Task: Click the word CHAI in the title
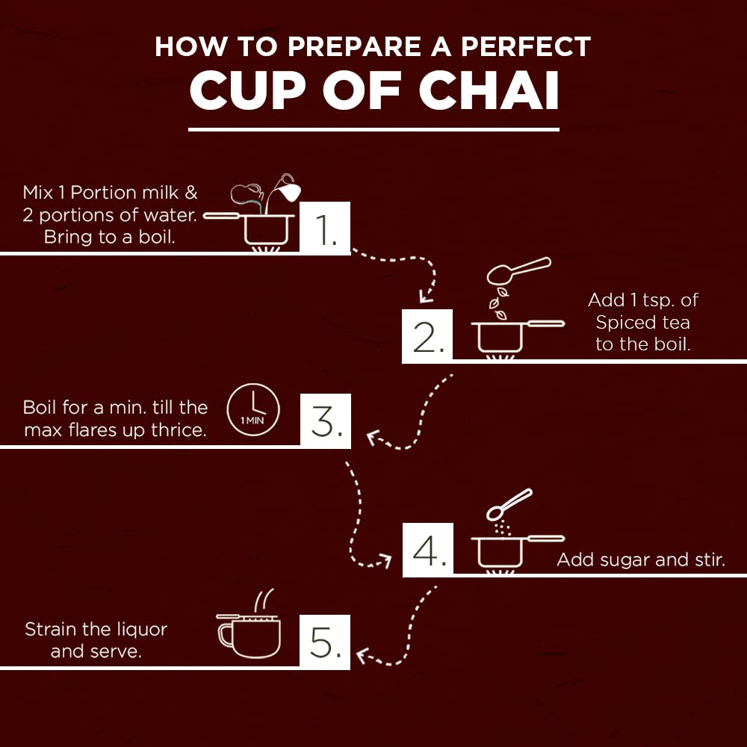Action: tap(489, 90)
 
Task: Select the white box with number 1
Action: tap(325, 228)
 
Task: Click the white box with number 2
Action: tap(427, 336)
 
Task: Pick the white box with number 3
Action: tap(326, 421)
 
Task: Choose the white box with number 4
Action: tap(428, 550)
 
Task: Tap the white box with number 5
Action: tap(325, 642)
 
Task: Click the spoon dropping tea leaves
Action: tap(518, 270)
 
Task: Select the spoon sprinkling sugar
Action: tap(509, 504)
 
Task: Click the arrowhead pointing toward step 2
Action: tap(425, 297)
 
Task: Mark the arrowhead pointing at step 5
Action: tap(363, 656)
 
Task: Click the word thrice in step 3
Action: tap(179, 430)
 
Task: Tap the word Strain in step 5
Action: tap(51, 629)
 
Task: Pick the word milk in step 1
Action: tap(160, 193)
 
